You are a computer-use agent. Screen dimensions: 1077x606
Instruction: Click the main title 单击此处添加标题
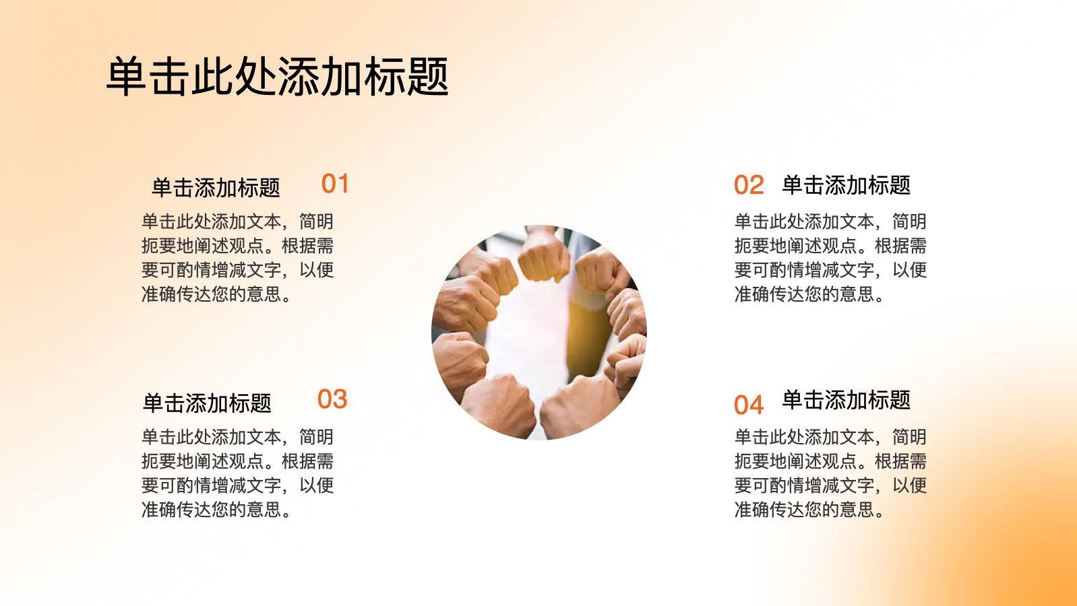pos(278,76)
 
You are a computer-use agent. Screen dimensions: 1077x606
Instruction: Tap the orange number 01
pos(335,183)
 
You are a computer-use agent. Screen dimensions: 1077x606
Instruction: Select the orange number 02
pos(749,185)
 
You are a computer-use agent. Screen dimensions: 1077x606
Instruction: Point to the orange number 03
pos(332,399)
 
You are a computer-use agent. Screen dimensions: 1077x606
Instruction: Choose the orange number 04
pos(749,405)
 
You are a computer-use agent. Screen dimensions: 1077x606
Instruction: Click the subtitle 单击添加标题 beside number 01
pos(216,187)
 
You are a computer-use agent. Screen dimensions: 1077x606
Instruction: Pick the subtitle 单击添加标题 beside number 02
pos(847,185)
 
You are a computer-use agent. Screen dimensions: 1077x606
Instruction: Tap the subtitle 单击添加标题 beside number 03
pos(207,403)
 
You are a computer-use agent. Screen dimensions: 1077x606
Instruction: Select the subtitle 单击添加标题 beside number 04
pos(847,400)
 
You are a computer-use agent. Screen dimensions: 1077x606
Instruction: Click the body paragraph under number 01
pos(237,258)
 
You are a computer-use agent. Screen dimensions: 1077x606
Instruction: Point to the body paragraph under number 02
pos(830,258)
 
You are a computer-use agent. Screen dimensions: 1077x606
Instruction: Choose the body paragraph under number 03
pos(237,473)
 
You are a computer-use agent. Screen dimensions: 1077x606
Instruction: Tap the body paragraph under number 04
pos(830,473)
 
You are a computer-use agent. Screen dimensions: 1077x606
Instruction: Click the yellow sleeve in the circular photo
pos(584,336)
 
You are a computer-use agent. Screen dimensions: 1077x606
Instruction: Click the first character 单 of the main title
pos(126,76)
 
